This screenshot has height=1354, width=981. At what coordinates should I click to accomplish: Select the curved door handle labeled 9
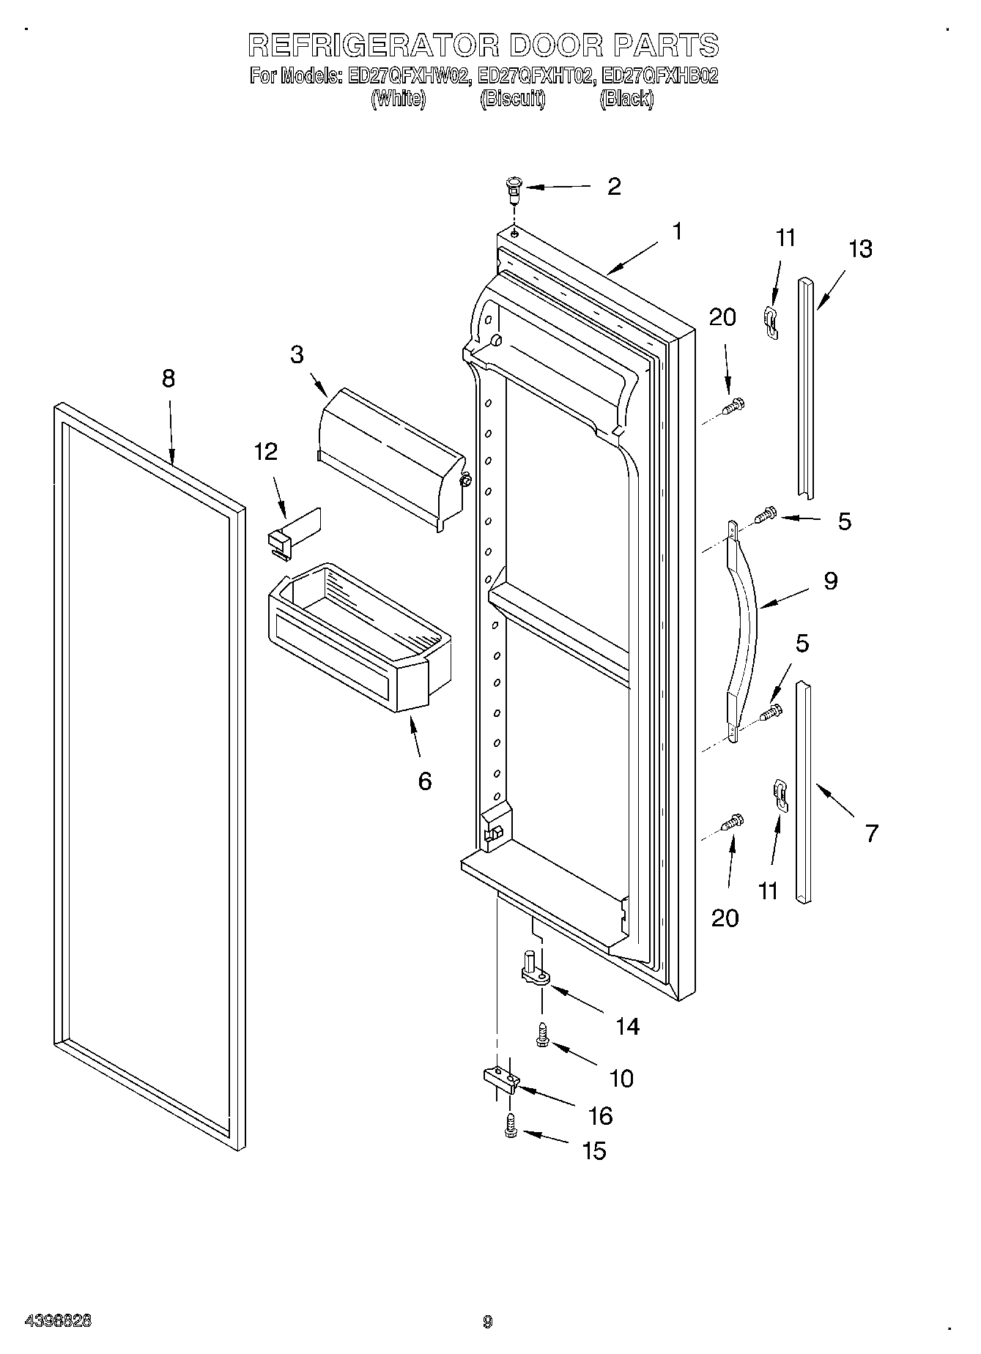pyautogui.click(x=742, y=630)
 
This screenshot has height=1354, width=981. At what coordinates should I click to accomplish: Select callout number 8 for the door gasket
pyautogui.click(x=169, y=379)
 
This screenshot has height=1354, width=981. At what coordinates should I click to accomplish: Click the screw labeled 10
pyautogui.click(x=543, y=1034)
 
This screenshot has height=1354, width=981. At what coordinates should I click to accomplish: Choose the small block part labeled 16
pyautogui.click(x=500, y=1079)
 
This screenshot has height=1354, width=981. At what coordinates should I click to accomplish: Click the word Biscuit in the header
pyautogui.click(x=512, y=100)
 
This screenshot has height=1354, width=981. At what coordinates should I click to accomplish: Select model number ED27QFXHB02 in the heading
pyautogui.click(x=659, y=75)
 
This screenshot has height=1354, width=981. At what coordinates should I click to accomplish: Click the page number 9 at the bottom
pyautogui.click(x=488, y=1322)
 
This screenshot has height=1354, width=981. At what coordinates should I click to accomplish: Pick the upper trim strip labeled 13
pyautogui.click(x=807, y=388)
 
